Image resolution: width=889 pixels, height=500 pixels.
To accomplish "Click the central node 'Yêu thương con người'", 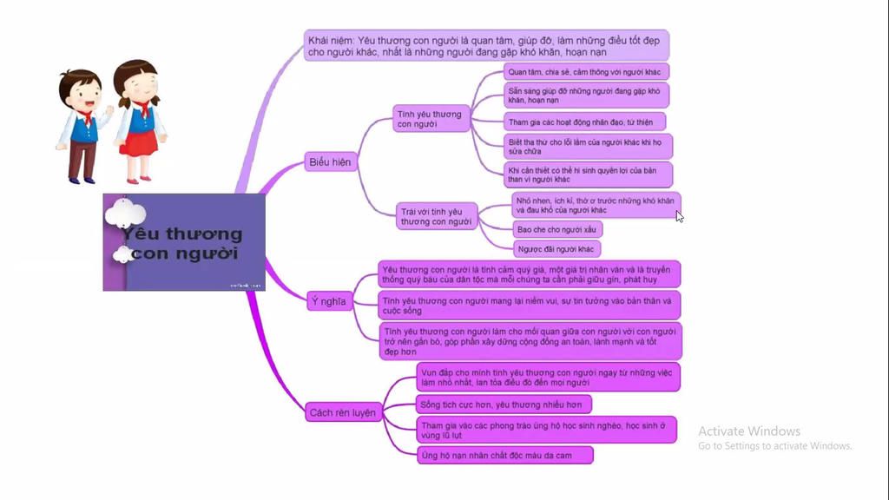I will pyautogui.click(x=184, y=242).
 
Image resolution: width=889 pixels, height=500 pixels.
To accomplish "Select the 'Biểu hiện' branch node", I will pyautogui.click(x=331, y=162).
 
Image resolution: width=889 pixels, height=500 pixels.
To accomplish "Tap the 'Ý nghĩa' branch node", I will pyautogui.click(x=328, y=302).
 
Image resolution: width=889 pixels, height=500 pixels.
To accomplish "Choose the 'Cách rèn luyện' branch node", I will pyautogui.click(x=343, y=413).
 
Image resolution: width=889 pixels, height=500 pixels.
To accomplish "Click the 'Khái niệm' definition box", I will pyautogui.click(x=486, y=45).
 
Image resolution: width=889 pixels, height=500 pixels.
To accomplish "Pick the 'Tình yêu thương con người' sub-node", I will pyautogui.click(x=430, y=119).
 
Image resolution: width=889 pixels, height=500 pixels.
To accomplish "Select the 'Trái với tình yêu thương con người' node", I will pyautogui.click(x=438, y=216).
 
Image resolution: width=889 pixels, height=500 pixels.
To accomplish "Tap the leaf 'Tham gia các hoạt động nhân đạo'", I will pyautogui.click(x=586, y=122).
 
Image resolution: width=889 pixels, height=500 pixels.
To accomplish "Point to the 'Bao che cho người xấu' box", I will pyautogui.click(x=556, y=230).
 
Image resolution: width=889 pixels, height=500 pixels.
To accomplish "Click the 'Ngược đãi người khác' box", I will pyautogui.click(x=556, y=250).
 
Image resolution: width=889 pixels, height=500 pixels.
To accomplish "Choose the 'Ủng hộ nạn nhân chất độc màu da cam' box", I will pyautogui.click(x=504, y=455).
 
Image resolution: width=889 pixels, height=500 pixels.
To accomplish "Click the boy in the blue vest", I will pyautogui.click(x=81, y=126).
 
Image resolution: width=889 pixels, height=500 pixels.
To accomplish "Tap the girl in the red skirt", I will pyautogui.click(x=138, y=121).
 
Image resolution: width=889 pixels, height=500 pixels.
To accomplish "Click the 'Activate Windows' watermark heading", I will pyautogui.click(x=749, y=431).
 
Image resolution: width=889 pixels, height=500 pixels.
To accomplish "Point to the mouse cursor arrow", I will pyautogui.click(x=680, y=216).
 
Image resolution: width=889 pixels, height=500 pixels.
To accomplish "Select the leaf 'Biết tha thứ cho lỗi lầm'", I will pyautogui.click(x=589, y=146).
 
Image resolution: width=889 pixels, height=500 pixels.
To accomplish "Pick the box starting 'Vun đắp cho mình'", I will pyautogui.click(x=547, y=377).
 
